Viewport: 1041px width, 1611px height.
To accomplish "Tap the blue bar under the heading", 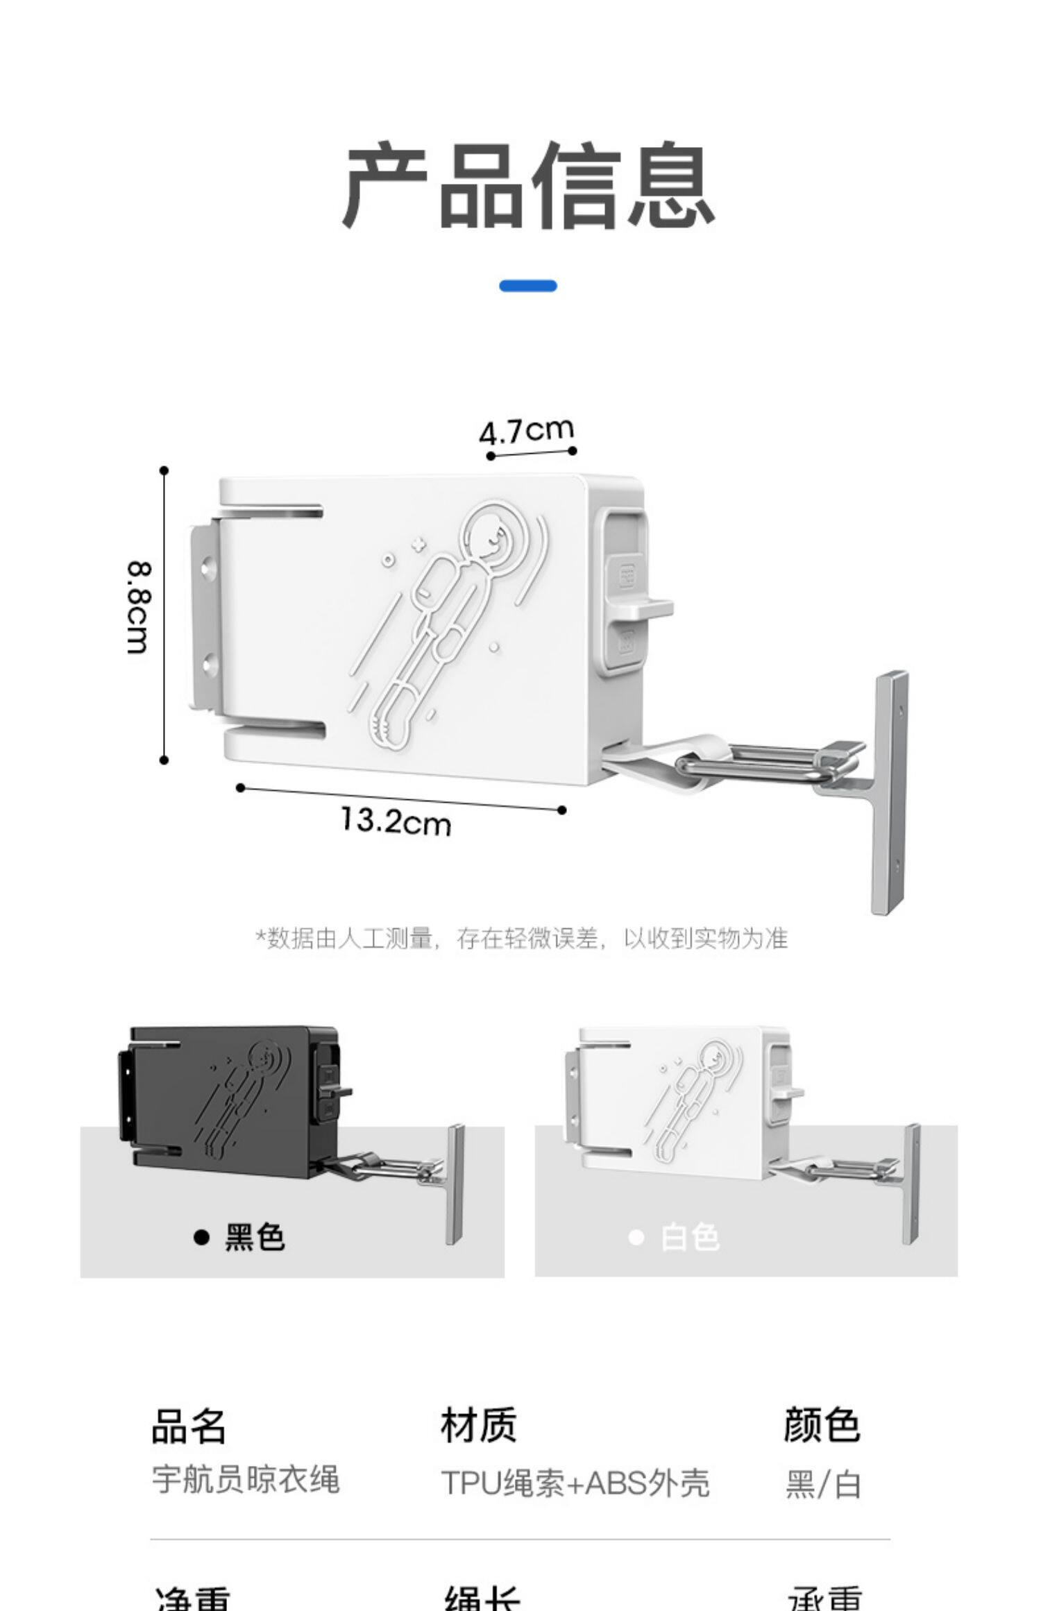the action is coord(527,286).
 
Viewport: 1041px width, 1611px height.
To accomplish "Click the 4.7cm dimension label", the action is coord(527,431).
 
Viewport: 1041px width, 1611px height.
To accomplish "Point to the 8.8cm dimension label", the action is coord(137,608).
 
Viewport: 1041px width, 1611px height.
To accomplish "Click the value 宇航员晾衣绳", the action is coord(246,1479).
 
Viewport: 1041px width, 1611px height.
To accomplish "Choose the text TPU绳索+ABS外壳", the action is coord(575,1483).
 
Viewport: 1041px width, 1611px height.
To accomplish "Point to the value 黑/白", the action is coord(823,1484).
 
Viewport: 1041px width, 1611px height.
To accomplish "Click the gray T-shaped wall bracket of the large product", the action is coord(888,791).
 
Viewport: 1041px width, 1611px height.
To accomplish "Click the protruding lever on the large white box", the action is coord(649,610).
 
